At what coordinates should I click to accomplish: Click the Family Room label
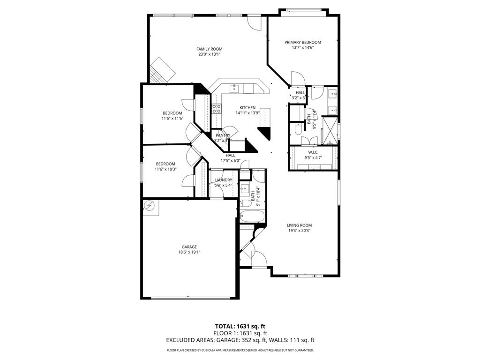tap(209, 49)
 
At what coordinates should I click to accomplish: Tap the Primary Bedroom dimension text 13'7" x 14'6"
tap(302, 47)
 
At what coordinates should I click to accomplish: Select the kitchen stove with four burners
tap(217, 109)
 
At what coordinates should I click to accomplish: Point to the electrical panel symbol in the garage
tap(150, 206)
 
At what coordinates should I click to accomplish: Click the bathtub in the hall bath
tap(252, 216)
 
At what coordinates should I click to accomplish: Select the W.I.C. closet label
tap(314, 152)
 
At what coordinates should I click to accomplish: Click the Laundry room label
tap(223, 180)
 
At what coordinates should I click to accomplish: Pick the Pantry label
tap(223, 135)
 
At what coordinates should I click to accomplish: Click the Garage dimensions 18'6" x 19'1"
tap(189, 252)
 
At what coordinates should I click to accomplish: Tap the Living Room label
tap(299, 225)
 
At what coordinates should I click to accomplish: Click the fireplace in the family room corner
tap(162, 70)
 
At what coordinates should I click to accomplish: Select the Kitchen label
tap(247, 107)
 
